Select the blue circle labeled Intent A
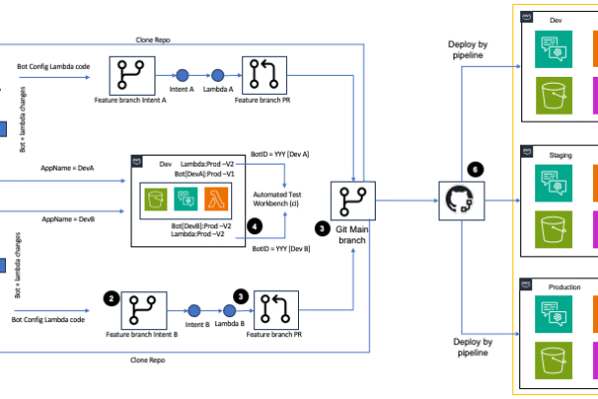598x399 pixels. point(182,75)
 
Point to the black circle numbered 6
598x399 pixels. point(474,171)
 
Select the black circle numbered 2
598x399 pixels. point(111,296)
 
